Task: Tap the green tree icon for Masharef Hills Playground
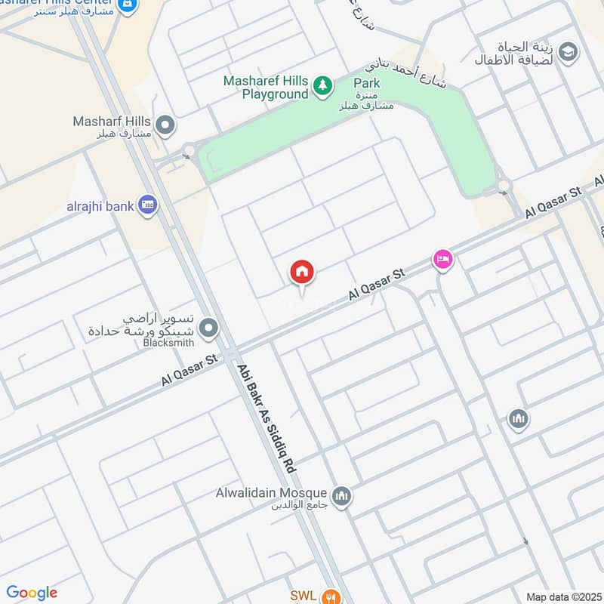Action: click(323, 87)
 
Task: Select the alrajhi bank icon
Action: click(148, 205)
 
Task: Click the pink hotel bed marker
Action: click(442, 260)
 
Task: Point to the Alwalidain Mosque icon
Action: click(342, 495)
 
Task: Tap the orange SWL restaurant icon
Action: click(328, 596)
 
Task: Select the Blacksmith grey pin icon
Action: click(209, 328)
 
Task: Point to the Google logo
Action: click(31, 593)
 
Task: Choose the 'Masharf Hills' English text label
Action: click(111, 121)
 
